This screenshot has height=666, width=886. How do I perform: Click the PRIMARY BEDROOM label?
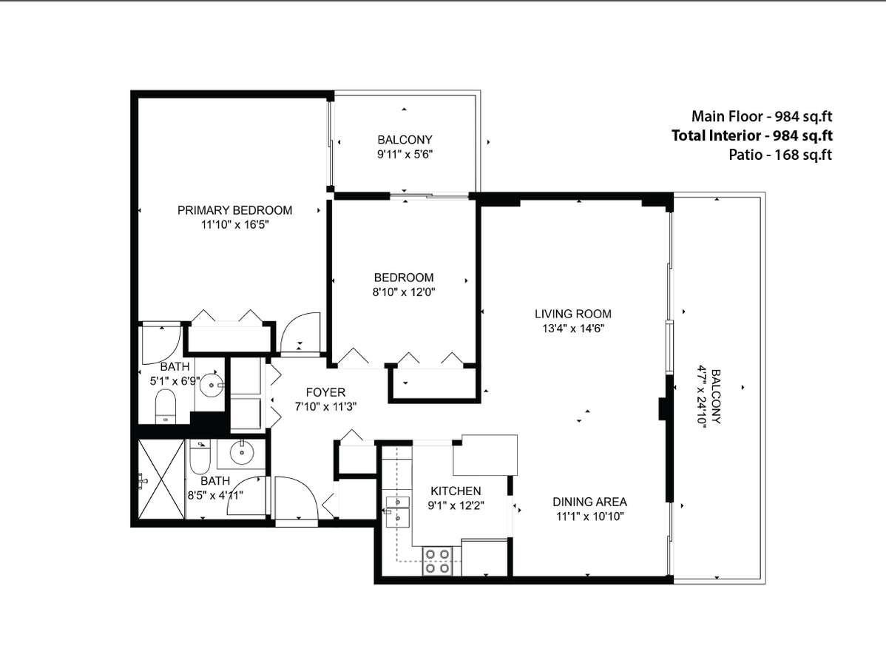click(x=234, y=210)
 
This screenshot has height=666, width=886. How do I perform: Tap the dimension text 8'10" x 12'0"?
click(x=403, y=292)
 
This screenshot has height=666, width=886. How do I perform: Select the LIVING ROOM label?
click(x=573, y=314)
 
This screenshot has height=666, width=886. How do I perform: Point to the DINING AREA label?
click(x=589, y=502)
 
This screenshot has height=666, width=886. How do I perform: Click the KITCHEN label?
click(x=456, y=491)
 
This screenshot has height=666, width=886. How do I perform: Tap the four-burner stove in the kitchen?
click(x=437, y=561)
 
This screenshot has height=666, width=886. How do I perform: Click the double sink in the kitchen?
click(x=397, y=510)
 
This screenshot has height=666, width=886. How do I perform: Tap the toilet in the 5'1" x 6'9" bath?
click(x=165, y=406)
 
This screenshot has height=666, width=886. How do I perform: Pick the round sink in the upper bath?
click(x=212, y=384)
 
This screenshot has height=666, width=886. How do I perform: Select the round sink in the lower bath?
click(x=241, y=451)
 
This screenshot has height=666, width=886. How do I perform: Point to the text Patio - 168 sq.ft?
click(x=780, y=155)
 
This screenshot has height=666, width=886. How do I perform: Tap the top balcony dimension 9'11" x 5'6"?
click(x=404, y=155)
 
